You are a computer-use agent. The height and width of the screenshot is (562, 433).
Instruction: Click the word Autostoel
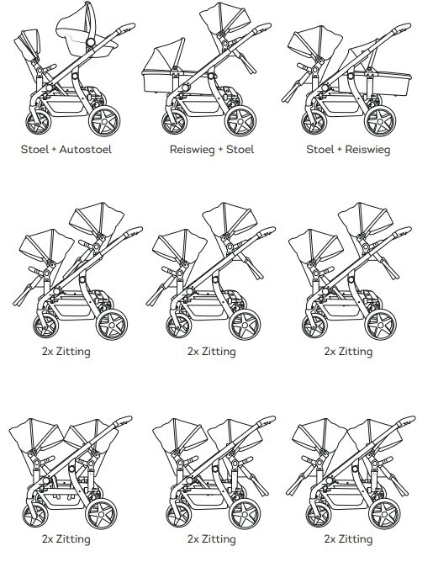[x=85, y=149]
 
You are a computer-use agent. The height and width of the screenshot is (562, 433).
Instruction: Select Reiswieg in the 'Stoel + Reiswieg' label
[x=367, y=150]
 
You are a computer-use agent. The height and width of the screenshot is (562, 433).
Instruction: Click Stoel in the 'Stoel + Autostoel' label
[x=34, y=149]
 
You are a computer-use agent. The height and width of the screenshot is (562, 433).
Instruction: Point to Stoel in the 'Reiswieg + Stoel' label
[x=240, y=149]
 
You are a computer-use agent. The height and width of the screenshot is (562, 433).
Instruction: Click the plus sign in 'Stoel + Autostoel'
[x=54, y=149]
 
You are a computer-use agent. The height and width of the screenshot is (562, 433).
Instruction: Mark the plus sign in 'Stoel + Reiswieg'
[x=339, y=149]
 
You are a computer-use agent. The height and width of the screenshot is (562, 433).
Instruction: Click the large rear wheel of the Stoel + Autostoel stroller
[x=104, y=121]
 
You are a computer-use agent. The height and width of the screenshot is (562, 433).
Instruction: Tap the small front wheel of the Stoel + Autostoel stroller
[x=38, y=122]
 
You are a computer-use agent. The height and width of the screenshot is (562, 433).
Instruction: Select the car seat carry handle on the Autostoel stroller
[x=90, y=22]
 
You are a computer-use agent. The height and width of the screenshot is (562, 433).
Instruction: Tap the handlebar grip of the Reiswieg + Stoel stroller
[x=262, y=28]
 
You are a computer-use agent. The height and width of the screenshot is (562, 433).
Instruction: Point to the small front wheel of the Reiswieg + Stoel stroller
[x=174, y=122]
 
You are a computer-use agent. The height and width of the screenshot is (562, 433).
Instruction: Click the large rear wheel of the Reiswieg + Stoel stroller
[x=240, y=121]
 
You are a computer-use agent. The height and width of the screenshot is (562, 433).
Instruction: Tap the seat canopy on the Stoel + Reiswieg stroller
[x=316, y=40]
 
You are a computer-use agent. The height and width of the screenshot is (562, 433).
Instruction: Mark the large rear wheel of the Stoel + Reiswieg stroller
[x=380, y=121]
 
